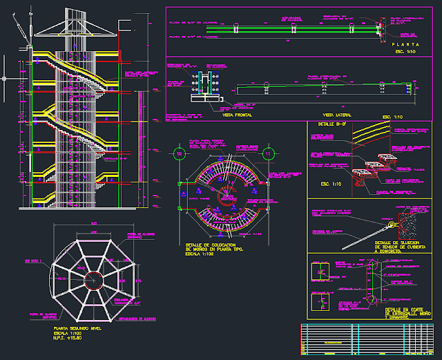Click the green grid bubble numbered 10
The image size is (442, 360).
[x=178, y=153]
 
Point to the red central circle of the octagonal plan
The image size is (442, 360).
[x=93, y=277]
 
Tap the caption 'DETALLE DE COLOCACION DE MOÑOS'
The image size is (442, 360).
[x=212, y=247]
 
